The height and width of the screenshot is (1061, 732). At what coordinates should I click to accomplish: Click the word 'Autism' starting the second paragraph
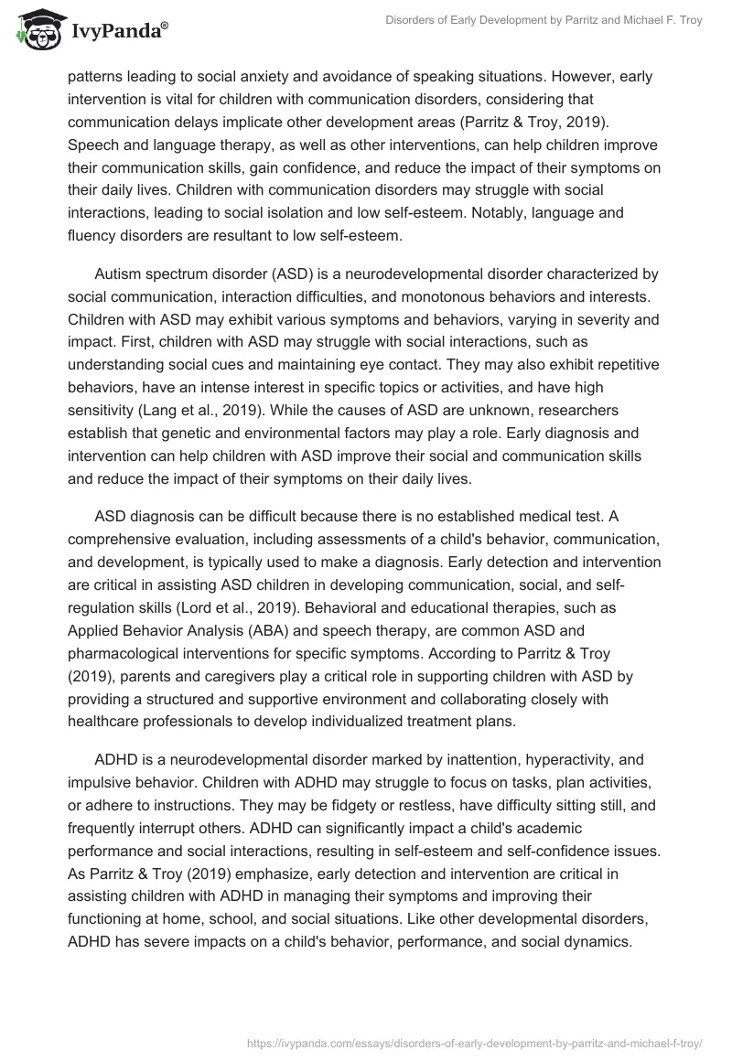point(117,274)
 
